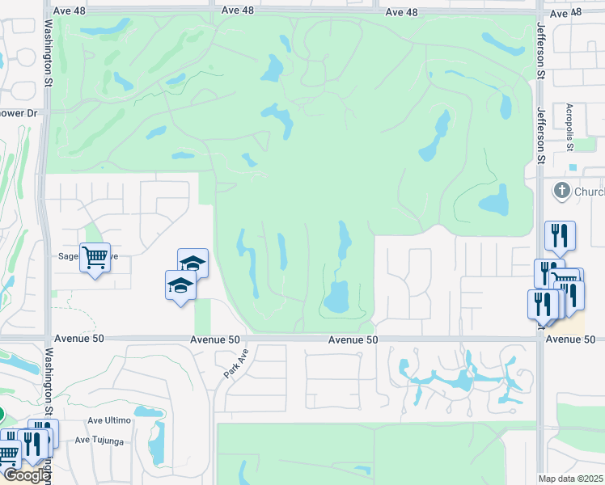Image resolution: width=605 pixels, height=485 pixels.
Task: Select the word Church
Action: point(589,192)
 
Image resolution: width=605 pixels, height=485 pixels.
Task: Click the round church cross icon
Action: point(561,192)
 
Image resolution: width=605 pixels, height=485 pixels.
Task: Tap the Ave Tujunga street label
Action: point(104,440)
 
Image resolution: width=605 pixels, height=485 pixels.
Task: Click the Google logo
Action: point(26,475)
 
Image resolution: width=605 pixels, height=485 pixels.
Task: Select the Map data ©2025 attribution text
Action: point(571,479)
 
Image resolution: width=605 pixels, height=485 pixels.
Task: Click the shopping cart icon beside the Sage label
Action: point(95,258)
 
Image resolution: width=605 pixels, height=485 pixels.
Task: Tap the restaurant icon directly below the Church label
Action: point(560,235)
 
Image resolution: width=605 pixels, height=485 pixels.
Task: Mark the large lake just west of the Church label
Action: point(494,200)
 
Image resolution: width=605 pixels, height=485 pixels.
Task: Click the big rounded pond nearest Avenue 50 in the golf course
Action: point(337,297)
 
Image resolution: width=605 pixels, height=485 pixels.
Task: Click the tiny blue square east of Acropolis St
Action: point(573,168)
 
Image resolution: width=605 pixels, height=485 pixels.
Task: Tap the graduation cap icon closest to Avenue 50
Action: point(180,285)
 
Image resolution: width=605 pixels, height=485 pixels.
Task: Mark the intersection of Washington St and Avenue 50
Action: point(48,339)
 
